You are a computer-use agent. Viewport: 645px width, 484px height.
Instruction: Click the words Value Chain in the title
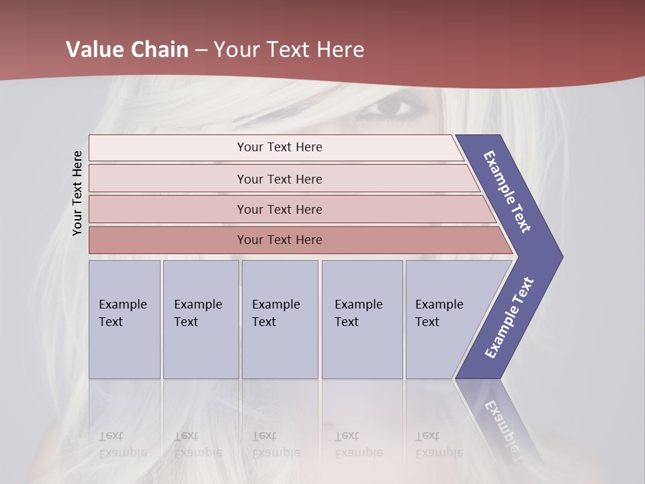[x=127, y=50]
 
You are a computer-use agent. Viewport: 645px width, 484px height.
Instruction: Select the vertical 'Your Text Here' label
[x=78, y=193]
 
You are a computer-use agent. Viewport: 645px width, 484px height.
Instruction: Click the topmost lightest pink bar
[x=279, y=147]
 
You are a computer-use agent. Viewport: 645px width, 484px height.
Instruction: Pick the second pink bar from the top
[x=279, y=179]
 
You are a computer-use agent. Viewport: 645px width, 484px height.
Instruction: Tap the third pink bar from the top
[x=279, y=209]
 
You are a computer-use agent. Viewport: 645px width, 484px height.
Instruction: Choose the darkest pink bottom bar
[x=279, y=239]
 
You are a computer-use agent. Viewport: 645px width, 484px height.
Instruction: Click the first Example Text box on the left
[x=124, y=319]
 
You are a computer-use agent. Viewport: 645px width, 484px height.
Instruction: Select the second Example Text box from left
[x=200, y=319]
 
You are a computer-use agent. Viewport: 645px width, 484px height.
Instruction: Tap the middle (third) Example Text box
[x=279, y=319]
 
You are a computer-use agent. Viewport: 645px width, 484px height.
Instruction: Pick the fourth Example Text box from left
[x=361, y=319]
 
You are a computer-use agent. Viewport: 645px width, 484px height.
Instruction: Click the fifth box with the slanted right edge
[x=443, y=319]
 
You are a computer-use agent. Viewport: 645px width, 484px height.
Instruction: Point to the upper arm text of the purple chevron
[x=508, y=191]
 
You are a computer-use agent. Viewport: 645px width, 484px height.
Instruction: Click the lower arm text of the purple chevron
[x=509, y=317]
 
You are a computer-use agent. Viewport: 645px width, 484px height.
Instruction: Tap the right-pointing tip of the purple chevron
[x=556, y=256]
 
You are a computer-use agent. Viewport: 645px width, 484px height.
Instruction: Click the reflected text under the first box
[x=122, y=444]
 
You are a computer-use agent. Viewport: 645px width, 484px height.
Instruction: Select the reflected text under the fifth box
[x=439, y=444]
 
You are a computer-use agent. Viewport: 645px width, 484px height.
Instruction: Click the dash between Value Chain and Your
[x=201, y=50]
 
